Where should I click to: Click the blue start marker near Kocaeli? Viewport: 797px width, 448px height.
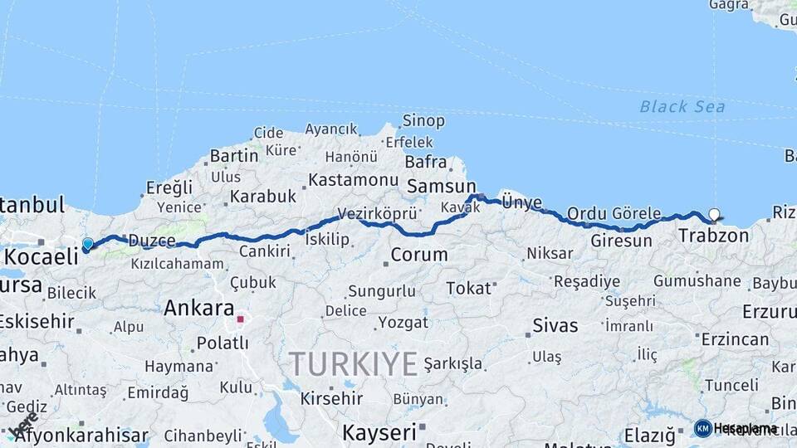click(x=87, y=244)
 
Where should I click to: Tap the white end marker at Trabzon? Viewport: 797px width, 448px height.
click(x=714, y=215)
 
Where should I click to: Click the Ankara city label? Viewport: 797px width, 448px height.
click(x=198, y=309)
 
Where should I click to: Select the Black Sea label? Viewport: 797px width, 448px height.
click(x=682, y=106)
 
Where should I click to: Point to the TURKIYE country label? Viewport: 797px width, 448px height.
click(x=354, y=364)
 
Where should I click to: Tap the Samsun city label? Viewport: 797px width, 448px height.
click(x=440, y=186)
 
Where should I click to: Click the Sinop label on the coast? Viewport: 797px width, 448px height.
click(x=423, y=121)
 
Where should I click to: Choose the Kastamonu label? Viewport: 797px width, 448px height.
click(x=354, y=179)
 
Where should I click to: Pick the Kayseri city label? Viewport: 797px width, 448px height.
click(x=379, y=432)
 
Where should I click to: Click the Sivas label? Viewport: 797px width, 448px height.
click(x=555, y=324)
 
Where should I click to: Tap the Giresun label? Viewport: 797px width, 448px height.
click(x=622, y=241)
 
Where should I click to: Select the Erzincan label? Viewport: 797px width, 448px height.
click(x=735, y=339)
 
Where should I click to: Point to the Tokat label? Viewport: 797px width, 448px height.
click(x=468, y=288)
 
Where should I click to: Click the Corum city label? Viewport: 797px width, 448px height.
click(x=418, y=255)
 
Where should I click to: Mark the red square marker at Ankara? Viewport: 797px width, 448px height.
click(x=240, y=319)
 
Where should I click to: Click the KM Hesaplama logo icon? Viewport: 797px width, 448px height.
click(x=702, y=428)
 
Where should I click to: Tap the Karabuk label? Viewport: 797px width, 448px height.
click(x=262, y=197)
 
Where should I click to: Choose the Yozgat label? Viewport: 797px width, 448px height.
click(x=403, y=322)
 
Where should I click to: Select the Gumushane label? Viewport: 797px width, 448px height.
click(x=697, y=280)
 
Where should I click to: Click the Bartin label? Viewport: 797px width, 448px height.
click(x=234, y=155)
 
